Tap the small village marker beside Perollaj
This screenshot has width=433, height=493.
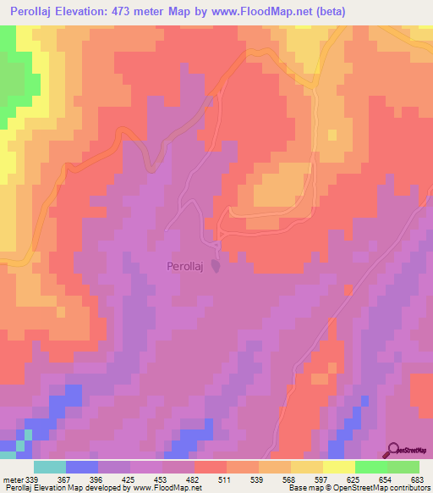pyautogui.click(x=216, y=267)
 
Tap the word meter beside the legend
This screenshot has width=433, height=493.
pyautogui.click(x=14, y=479)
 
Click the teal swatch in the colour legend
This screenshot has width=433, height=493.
pyautogui.click(x=50, y=467)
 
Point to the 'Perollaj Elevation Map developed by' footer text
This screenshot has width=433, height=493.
pyautogui.click(x=59, y=488)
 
